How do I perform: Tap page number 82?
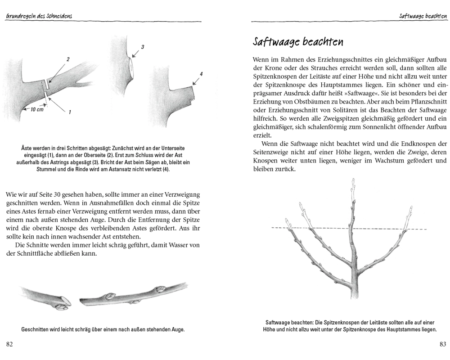click(10, 344)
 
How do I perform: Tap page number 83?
click(442, 344)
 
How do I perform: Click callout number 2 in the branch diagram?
click(68, 59)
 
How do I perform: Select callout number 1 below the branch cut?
click(70, 113)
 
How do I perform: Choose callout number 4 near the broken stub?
click(202, 73)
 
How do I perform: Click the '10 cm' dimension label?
click(37, 109)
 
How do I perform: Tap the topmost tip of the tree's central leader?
click(352, 180)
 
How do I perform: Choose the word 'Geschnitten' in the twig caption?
click(36, 329)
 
